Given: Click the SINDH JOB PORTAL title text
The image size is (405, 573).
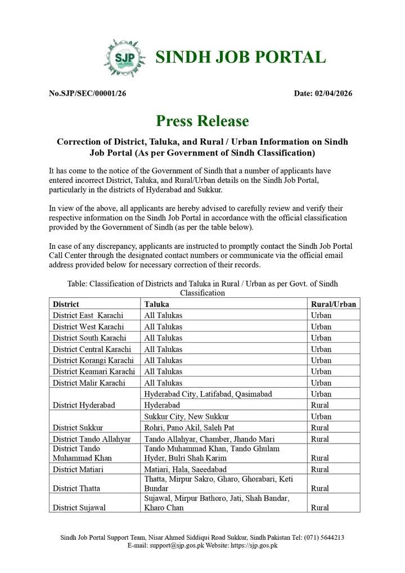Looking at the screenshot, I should [x=240, y=57].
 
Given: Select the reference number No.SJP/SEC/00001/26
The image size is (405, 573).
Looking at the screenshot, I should [x=87, y=93].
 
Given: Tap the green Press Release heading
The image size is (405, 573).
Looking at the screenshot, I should [x=202, y=121].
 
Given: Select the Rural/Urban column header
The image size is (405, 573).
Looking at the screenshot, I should [x=334, y=304].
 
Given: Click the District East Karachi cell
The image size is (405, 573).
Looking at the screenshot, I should [x=88, y=315].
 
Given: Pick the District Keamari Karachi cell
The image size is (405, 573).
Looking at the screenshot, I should [x=94, y=371].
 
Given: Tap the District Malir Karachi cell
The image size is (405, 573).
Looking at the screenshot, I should [x=88, y=383].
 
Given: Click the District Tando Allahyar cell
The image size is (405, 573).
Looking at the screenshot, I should [x=92, y=439].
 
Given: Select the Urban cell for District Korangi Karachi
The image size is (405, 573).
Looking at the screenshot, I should [x=321, y=360].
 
